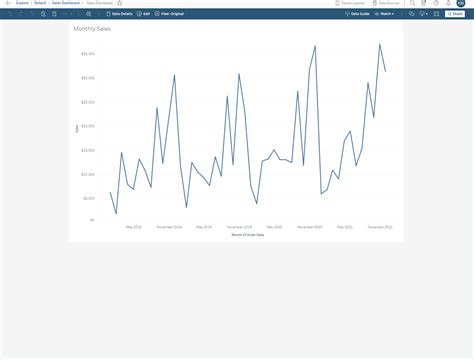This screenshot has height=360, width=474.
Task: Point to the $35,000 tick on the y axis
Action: point(88,54)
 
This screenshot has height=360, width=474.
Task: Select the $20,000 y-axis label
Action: point(88,126)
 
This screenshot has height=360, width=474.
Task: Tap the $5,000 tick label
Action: point(89,198)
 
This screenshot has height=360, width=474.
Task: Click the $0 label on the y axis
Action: point(91,220)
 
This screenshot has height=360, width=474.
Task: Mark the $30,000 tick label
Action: point(88,78)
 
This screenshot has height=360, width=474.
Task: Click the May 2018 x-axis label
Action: point(134,227)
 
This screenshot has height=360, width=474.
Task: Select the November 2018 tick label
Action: point(170,227)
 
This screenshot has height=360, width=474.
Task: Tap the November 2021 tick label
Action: point(380,227)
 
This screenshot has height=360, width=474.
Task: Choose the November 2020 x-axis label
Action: point(310,227)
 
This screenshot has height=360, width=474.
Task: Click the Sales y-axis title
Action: point(76,128)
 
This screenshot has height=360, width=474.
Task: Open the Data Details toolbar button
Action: point(120,14)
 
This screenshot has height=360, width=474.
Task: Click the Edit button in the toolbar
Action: point(144,14)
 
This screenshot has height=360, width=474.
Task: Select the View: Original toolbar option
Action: point(170,14)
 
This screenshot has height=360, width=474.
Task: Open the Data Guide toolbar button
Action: point(355,14)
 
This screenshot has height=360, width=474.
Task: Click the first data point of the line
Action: point(110,192)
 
